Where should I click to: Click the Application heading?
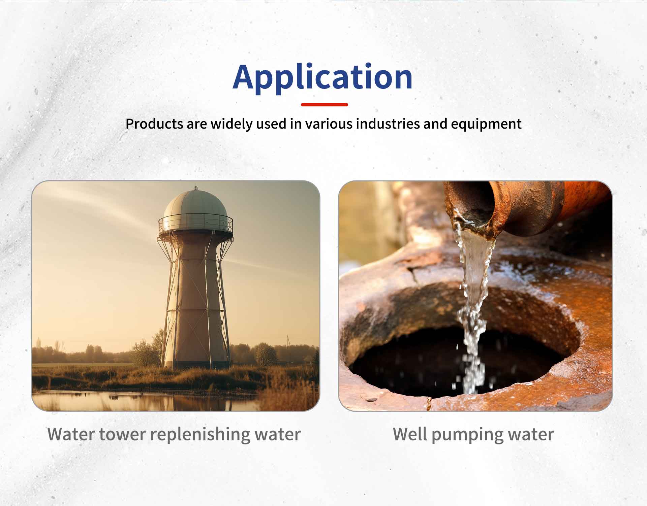(x=322, y=77)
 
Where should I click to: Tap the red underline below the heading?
(x=324, y=105)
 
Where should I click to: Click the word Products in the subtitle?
(x=154, y=124)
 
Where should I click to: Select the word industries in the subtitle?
(x=388, y=124)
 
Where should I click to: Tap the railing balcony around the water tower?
(x=195, y=225)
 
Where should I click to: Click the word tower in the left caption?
(x=122, y=434)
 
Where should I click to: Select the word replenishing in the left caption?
(x=200, y=435)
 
